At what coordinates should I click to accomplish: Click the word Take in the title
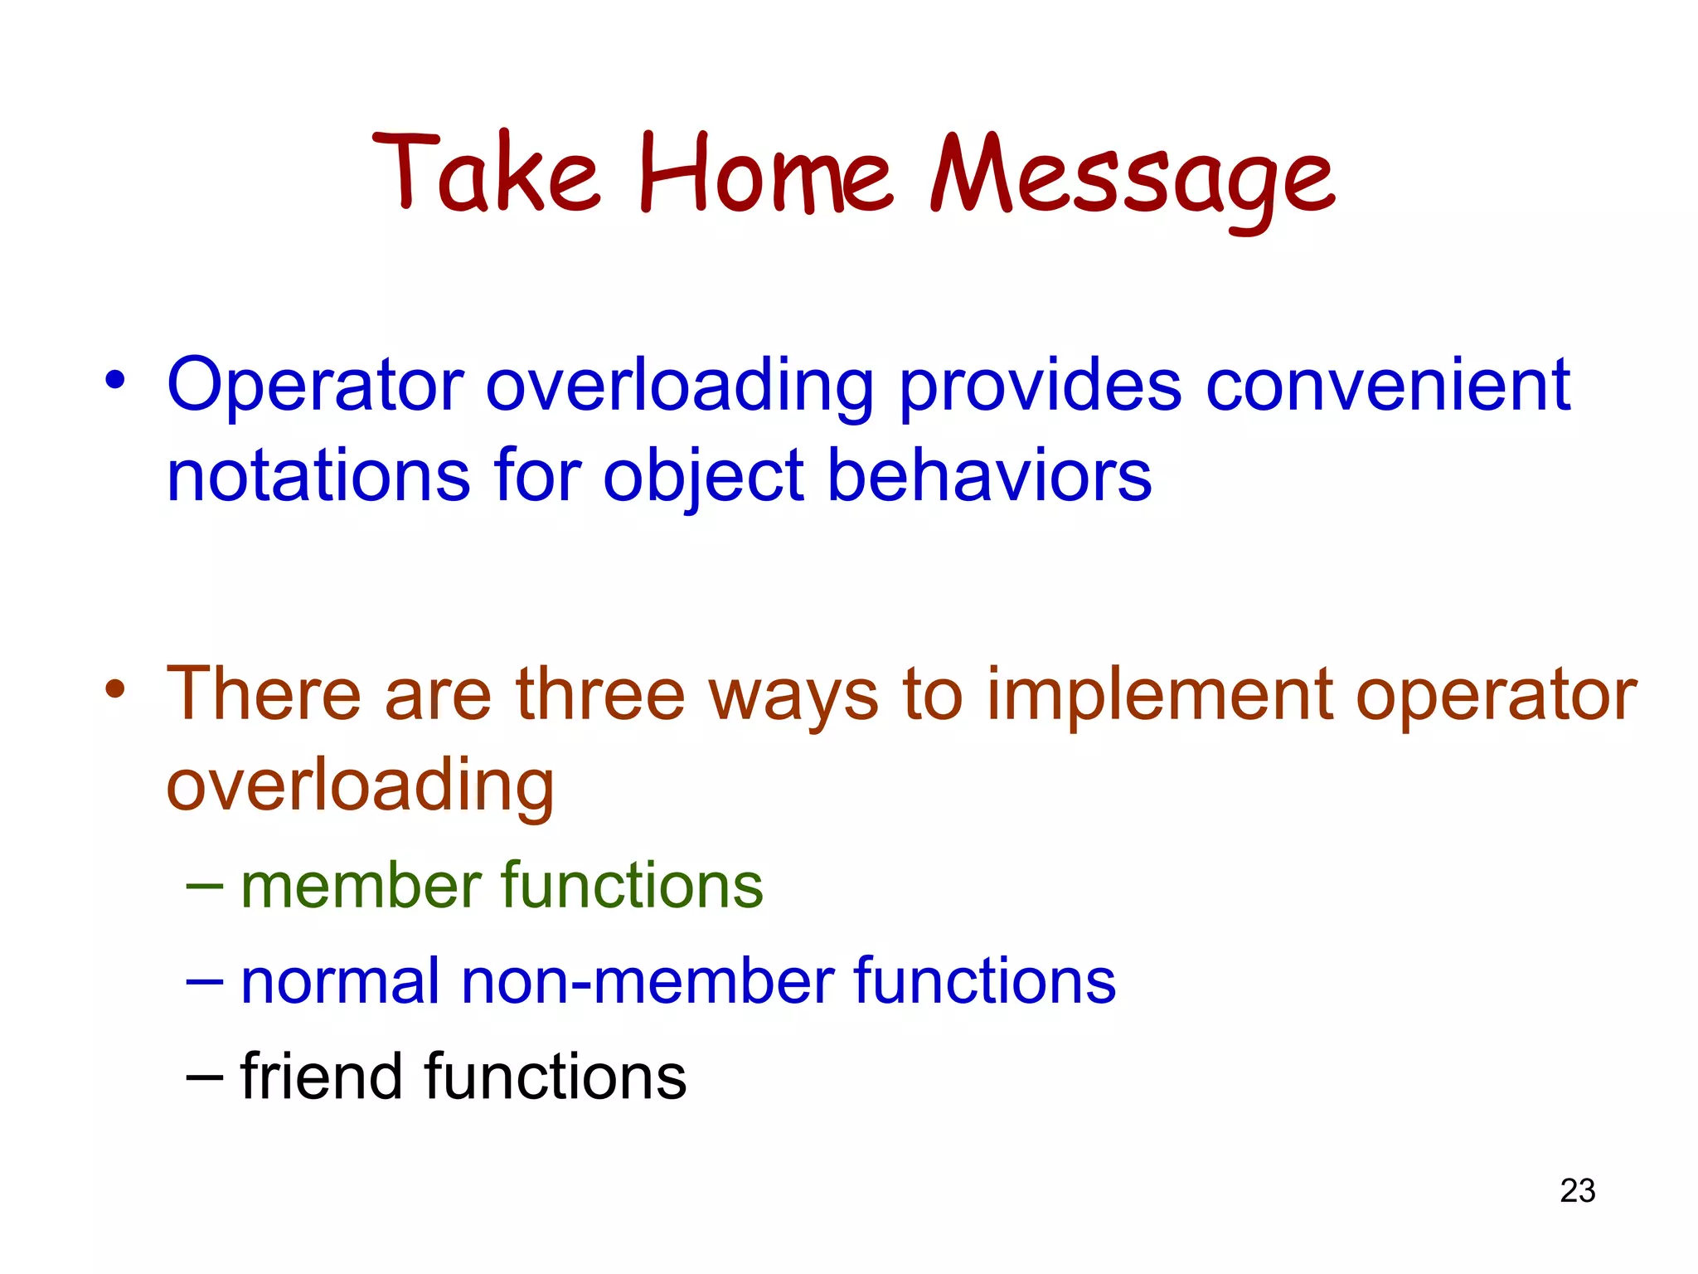[x=485, y=174]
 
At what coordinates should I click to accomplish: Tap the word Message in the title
[x=1132, y=178]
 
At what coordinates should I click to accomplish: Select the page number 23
[x=1577, y=1191]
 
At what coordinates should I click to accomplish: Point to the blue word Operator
[x=315, y=386]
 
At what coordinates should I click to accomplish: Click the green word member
[x=361, y=885]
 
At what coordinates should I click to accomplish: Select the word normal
[x=340, y=981]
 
